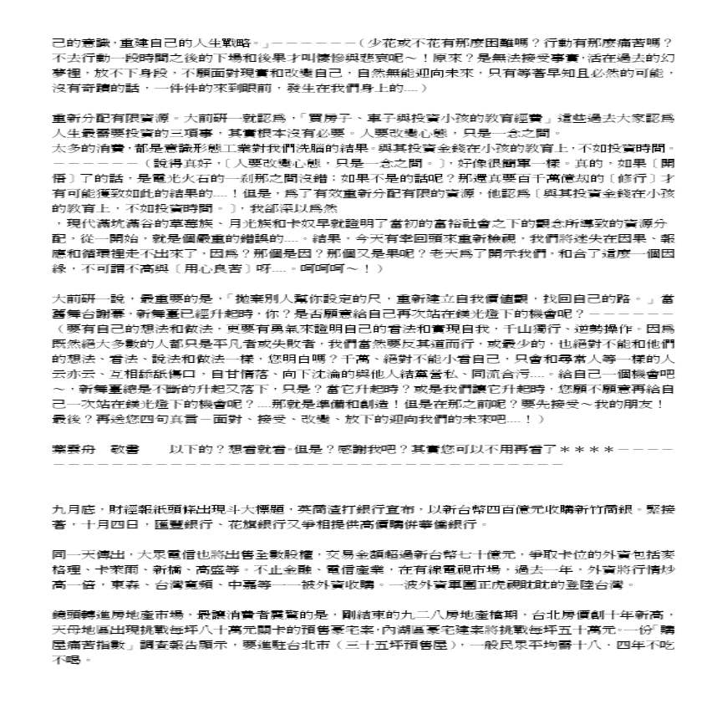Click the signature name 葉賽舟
point(74,449)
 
